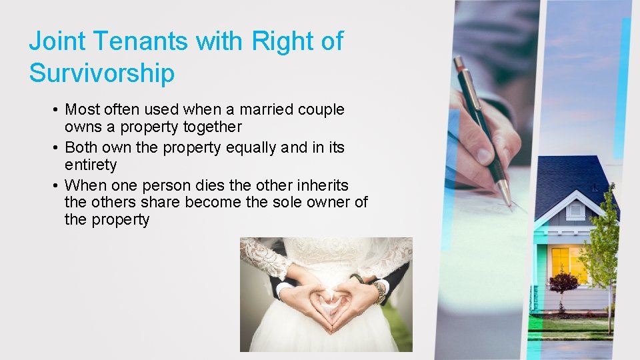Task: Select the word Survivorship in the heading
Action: coord(101,73)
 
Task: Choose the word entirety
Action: coord(91,165)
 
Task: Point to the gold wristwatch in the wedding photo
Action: coord(379,291)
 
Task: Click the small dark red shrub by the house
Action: coord(563,282)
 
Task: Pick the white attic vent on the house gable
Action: coord(575,210)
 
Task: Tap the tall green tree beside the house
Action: coord(606,247)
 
